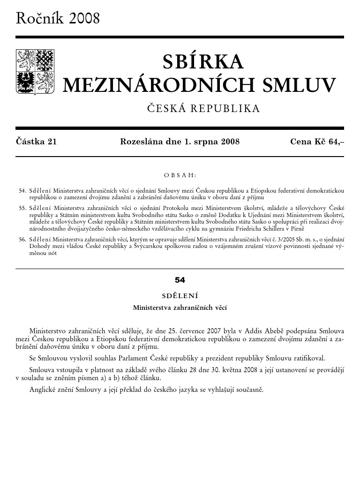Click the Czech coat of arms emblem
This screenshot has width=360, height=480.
tap(36, 71)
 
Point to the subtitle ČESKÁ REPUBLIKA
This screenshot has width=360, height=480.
tap(203, 109)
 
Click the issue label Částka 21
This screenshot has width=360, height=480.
tap(37, 142)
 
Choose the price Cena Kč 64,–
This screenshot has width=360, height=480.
tap(317, 142)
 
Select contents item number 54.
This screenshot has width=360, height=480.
tap(22, 191)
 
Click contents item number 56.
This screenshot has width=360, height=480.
tap(22, 239)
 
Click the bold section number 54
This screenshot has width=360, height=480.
tap(180, 280)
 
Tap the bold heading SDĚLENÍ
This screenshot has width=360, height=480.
tap(180, 296)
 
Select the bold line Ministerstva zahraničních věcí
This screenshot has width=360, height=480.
tap(180, 308)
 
